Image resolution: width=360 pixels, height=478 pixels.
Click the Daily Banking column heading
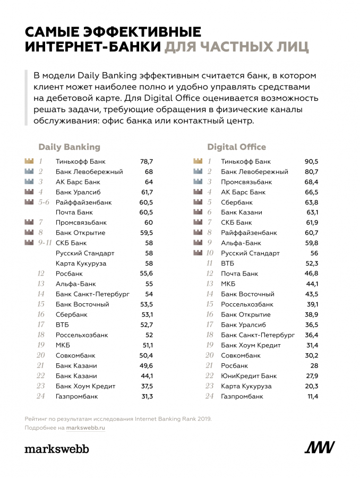pos(69,147)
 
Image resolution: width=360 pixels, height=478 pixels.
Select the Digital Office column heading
pos(236,147)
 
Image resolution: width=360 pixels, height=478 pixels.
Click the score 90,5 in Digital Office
pos(311,161)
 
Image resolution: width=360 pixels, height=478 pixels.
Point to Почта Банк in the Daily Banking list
pos(74,212)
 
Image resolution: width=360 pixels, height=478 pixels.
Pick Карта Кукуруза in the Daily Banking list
pos(81,263)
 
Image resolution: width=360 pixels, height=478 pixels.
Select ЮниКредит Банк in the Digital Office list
pos(248,376)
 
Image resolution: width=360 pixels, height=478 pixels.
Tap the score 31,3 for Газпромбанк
pos(146,396)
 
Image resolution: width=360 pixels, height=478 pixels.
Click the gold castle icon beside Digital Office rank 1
pos(198,161)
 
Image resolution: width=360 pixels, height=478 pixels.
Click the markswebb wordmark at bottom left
pos(57,449)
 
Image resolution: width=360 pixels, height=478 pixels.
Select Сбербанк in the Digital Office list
pos(237,202)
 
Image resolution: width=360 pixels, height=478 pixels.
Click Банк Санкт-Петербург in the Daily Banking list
pos(92,294)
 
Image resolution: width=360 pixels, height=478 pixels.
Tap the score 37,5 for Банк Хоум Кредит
pos(146,386)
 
